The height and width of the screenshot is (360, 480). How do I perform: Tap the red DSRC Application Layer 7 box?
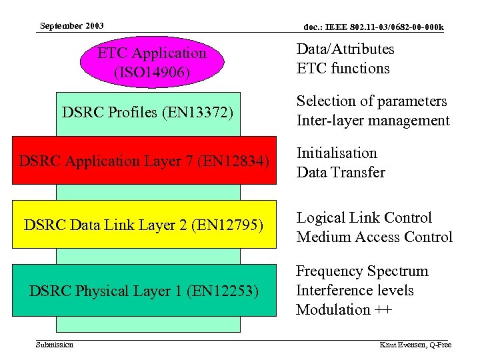[x=144, y=161]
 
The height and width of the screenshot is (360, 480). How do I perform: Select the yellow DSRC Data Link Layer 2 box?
[x=144, y=225]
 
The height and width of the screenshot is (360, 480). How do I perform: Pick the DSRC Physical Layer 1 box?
[x=144, y=290]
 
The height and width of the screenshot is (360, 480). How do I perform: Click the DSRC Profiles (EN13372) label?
[x=147, y=113]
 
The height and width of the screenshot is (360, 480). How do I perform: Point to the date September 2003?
[x=71, y=26]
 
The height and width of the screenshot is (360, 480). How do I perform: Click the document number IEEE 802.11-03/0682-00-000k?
[x=373, y=27]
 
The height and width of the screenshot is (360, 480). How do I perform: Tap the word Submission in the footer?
[x=55, y=345]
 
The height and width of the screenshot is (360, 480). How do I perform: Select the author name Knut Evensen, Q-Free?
[x=415, y=345]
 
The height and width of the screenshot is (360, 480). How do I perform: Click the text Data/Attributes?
[x=345, y=49]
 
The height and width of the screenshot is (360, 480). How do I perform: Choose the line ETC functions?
[x=343, y=69]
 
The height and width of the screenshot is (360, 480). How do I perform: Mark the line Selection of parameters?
[x=371, y=101]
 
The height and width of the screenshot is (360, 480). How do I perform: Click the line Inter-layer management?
[x=373, y=121]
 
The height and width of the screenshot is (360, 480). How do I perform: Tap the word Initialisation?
[x=337, y=153]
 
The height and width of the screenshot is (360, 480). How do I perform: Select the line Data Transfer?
[x=341, y=173]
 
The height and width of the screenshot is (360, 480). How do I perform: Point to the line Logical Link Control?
[x=364, y=218]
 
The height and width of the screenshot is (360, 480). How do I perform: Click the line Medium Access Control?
[x=374, y=237]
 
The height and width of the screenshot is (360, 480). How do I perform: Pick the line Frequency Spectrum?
[x=362, y=271]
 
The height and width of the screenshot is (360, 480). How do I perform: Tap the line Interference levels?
[x=355, y=291]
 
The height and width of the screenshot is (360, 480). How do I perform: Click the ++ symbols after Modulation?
[x=382, y=310]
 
